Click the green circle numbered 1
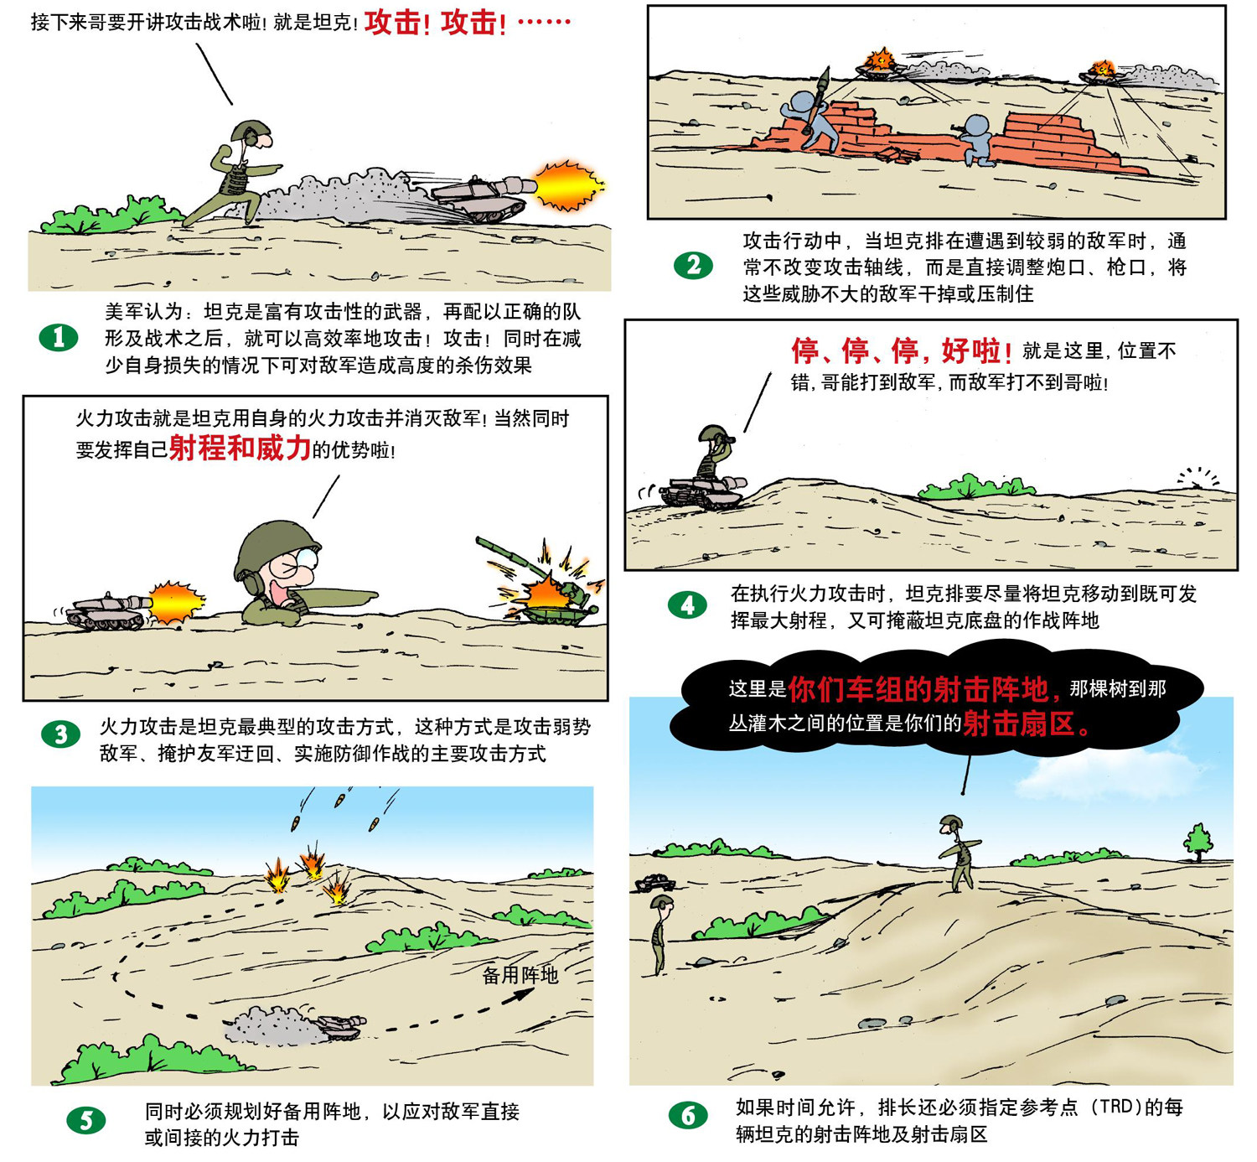[x=58, y=338]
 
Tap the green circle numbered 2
[x=693, y=265]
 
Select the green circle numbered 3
[x=61, y=734]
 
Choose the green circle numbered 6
[x=688, y=1115]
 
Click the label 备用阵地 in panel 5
[x=520, y=974]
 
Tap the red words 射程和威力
[x=240, y=449]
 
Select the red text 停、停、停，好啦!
[x=902, y=350]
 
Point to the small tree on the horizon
[x=1198, y=842]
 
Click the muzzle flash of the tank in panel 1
[x=566, y=185]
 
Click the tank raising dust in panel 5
[x=340, y=1026]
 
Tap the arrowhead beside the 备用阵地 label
[x=521, y=994]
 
